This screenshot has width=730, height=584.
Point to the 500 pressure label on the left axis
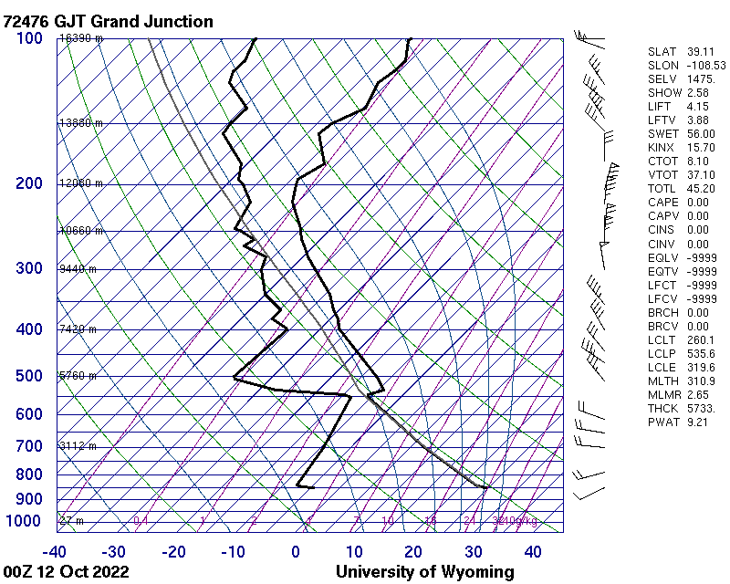[29, 376]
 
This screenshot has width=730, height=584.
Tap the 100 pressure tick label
[29, 37]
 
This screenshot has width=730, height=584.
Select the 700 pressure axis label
[29, 446]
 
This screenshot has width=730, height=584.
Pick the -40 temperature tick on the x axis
[54, 551]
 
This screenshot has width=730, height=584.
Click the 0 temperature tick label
[296, 551]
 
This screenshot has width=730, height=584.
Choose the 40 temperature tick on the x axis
[533, 551]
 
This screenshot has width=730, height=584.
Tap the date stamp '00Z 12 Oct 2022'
[66, 572]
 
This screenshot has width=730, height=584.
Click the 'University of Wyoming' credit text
[424, 572]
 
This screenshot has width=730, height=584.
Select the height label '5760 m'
[78, 375]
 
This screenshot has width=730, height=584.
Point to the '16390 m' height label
[80, 38]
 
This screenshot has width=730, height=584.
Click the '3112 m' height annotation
[78, 445]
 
